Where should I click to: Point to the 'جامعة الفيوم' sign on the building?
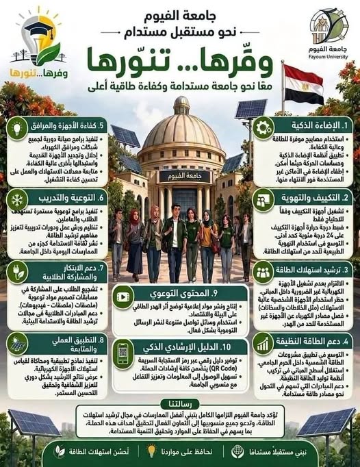pos(181,176)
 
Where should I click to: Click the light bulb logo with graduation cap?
pos(38,41)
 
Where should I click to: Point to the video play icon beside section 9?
pos(123,297)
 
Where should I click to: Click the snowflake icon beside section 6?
pos(17,198)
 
